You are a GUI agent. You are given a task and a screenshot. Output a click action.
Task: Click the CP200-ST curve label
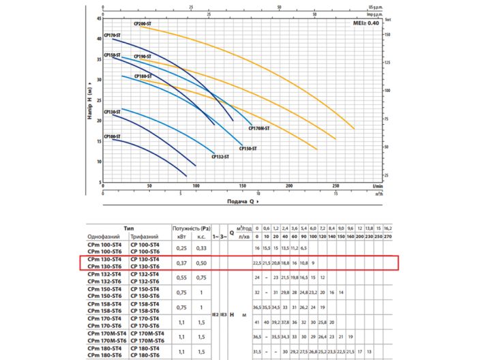[x=142, y=24]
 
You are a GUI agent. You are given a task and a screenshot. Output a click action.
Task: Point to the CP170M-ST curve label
[x=260, y=128]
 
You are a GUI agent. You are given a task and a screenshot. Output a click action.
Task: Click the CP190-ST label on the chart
[x=142, y=57]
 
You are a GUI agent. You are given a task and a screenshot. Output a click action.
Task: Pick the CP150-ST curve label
[x=248, y=148]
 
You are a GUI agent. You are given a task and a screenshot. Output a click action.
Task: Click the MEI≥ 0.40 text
[x=364, y=24]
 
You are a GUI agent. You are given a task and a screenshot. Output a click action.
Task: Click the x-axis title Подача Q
[x=242, y=202]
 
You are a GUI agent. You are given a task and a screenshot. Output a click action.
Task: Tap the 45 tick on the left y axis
[x=98, y=19]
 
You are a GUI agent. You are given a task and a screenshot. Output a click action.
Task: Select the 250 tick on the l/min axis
[x=335, y=185]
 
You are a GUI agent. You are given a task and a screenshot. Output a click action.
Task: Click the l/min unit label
[x=379, y=185]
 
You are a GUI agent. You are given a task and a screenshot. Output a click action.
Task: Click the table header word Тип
[x=127, y=228]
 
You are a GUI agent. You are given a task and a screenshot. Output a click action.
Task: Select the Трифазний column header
[x=145, y=237]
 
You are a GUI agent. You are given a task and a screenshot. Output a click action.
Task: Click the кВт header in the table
[x=181, y=237]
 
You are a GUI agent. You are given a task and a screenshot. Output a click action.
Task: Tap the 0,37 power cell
[x=181, y=262]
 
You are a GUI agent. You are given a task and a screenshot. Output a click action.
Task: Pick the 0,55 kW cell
[x=181, y=278]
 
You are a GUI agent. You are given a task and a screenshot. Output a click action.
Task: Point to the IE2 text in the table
[x=215, y=314]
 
